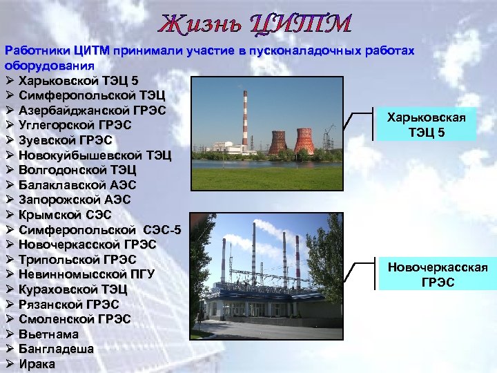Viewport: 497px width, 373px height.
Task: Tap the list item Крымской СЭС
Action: pyautogui.click(x=66, y=215)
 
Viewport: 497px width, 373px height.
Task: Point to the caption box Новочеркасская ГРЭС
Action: pyautogui.click(x=436, y=274)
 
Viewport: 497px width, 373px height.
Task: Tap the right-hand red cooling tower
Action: pyautogui.click(x=304, y=141)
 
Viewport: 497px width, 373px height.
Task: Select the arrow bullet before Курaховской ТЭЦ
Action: pyautogui.click(x=10, y=289)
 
